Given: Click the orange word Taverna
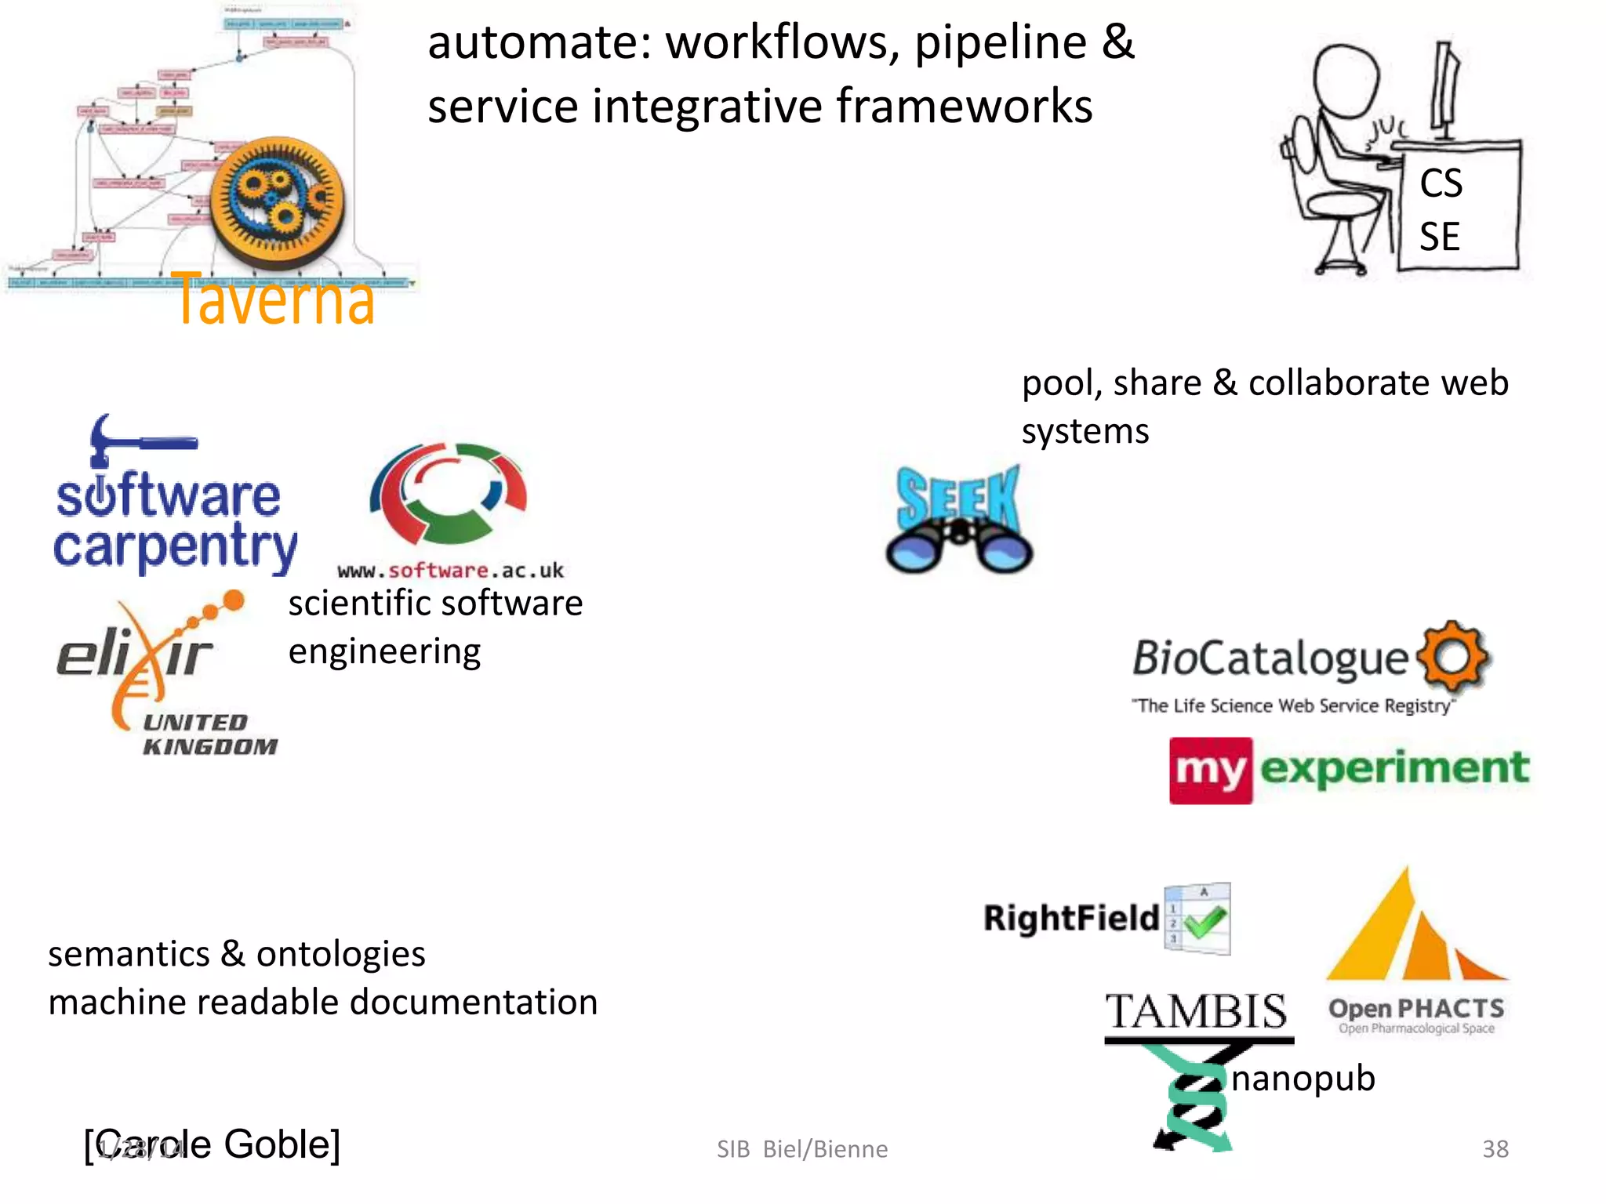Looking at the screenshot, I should pos(274,299).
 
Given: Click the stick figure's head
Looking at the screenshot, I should pos(1346,78).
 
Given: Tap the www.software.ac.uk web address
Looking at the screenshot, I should pos(450,571).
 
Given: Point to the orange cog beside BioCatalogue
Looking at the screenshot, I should pos(1453,657).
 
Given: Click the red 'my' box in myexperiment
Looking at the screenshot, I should pos(1210,770).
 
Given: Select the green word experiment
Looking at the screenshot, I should pos(1394,768).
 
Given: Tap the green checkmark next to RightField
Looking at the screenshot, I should pos(1205,922).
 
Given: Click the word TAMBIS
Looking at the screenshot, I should pos(1197,1011).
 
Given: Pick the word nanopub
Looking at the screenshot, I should pos(1303,1078).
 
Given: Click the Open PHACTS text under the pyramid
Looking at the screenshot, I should pos(1416,1009).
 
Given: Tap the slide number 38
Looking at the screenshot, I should pos(1495,1148).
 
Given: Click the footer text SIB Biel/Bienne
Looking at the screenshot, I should pos(802,1149).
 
